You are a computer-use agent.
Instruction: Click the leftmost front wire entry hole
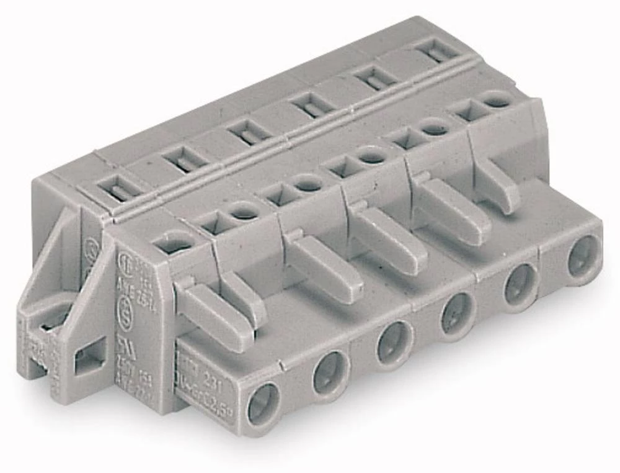pos(263,404)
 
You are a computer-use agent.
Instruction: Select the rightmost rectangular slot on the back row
pos(438,50)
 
